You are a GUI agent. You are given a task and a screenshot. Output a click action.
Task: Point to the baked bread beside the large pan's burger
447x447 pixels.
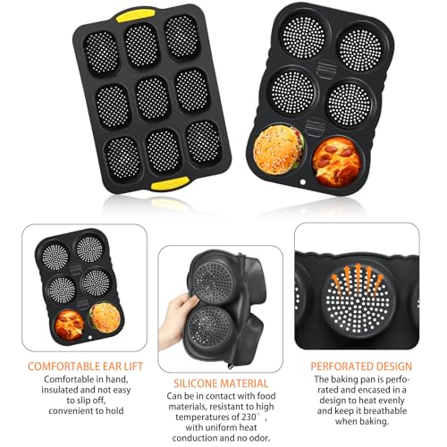click(x=336, y=156)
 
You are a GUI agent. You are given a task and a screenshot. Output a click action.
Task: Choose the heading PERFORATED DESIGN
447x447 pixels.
click(x=361, y=366)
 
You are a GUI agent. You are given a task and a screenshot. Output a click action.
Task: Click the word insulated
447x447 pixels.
click(x=55, y=392)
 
